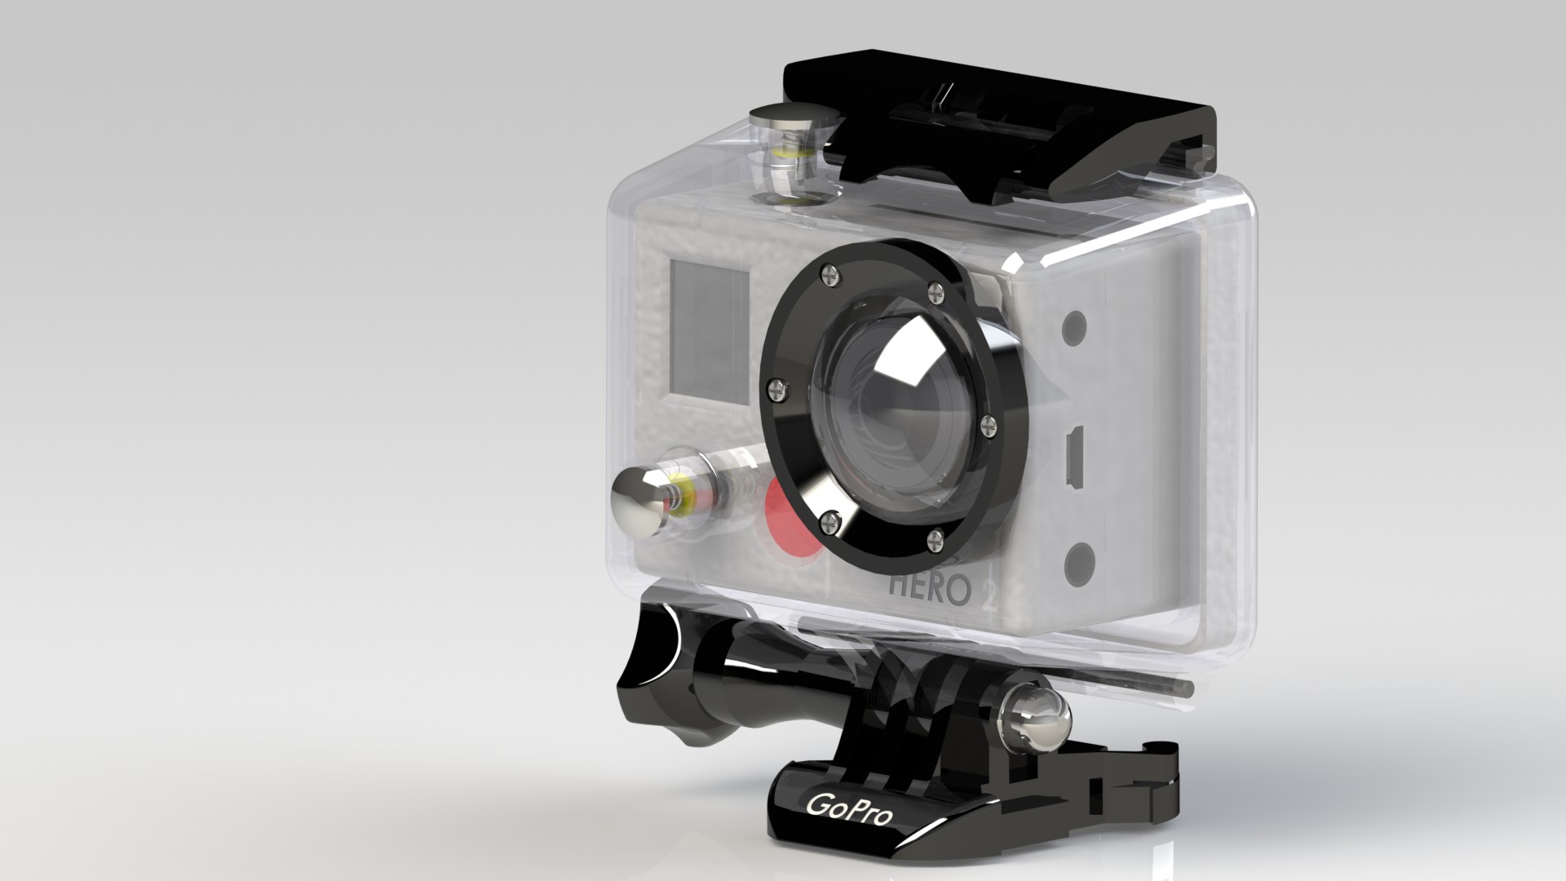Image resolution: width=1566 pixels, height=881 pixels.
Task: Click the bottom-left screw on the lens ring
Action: (830, 516)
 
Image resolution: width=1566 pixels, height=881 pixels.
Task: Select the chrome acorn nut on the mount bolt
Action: (1037, 719)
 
